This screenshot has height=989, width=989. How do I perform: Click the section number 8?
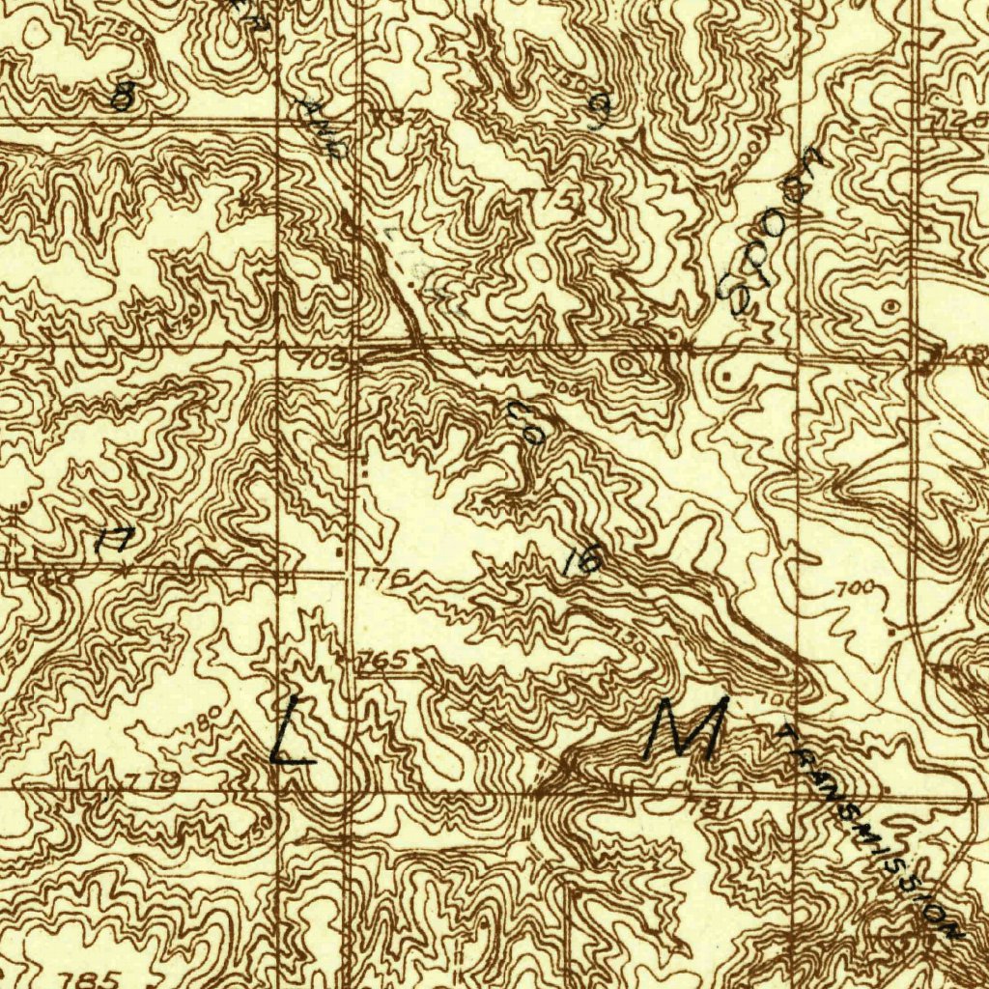pyautogui.click(x=122, y=97)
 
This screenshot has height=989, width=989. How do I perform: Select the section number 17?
pyautogui.click(x=117, y=541)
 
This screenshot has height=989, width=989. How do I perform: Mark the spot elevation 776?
pyautogui.click(x=385, y=578)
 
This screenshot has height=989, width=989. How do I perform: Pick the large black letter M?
pyautogui.click(x=689, y=730)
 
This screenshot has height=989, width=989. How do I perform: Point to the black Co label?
pyautogui.click(x=527, y=422)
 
